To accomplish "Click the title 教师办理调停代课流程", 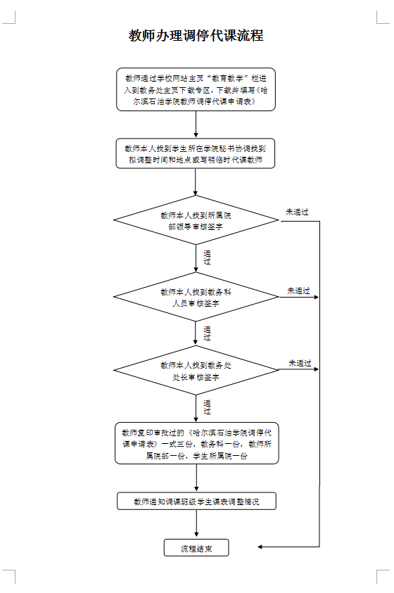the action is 196,36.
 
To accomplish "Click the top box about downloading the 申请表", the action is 196,89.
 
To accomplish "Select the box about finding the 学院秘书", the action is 196,153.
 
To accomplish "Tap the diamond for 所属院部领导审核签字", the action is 196,220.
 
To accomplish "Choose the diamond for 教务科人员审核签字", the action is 196,297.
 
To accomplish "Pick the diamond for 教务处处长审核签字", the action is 196,370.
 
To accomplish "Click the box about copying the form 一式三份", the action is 196,443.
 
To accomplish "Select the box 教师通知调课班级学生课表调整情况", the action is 196,501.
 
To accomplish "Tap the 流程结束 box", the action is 196,547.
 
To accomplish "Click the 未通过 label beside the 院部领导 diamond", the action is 297,212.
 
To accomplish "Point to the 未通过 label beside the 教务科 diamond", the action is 299,291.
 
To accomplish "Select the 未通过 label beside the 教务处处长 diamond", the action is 300,363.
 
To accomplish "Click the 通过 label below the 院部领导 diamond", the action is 207,257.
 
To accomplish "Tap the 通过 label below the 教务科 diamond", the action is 207,333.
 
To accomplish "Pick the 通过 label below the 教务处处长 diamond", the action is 207,407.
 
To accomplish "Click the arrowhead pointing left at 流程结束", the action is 260,547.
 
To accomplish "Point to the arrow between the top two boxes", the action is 196,125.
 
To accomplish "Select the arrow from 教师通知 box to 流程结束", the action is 196,524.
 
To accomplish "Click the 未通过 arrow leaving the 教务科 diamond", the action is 299,298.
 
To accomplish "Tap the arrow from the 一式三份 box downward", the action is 196,478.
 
